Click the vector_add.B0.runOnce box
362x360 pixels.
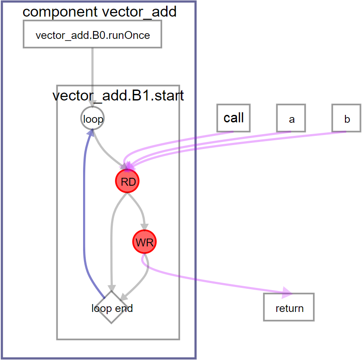point(92,35)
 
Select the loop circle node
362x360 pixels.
point(93,119)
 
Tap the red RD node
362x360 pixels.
point(128,182)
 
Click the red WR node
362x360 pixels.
point(144,242)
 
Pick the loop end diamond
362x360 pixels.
point(112,308)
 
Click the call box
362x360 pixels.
point(233,118)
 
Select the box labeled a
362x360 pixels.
point(291,118)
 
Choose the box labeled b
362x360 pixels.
point(346,118)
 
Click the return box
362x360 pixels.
point(289,308)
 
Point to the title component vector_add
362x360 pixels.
point(99,12)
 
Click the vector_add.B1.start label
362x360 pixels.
point(118,96)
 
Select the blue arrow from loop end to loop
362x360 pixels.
point(84,210)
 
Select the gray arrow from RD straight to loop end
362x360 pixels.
point(112,245)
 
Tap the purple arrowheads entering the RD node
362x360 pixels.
point(129,166)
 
